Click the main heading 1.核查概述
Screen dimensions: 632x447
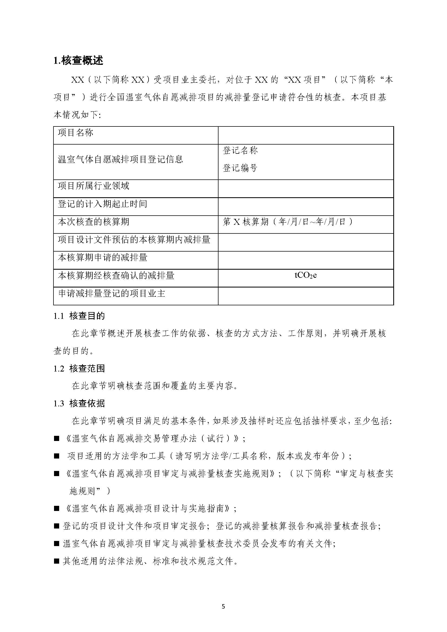tap(78, 60)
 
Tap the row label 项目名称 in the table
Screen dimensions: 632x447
tap(75, 133)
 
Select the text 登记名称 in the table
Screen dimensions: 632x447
tap(240, 150)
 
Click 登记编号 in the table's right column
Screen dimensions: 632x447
tap(240, 168)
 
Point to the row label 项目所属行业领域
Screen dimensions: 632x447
tap(93, 186)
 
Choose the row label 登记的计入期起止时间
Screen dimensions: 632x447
tap(102, 204)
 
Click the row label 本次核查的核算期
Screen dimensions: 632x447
tap(93, 222)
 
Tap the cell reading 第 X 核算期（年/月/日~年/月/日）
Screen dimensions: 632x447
tap(288, 222)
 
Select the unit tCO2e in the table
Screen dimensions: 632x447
tap(305, 275)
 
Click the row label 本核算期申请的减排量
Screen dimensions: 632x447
tap(102, 258)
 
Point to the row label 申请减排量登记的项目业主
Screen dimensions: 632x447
tap(112, 293)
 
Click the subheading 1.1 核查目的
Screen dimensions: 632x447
tap(79, 316)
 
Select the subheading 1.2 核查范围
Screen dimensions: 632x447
tap(79, 369)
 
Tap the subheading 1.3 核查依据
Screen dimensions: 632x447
tap(79, 404)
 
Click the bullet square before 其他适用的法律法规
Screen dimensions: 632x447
tap(57, 561)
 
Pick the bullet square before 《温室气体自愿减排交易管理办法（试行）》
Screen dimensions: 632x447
tap(57, 439)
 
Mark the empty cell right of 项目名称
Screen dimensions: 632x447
tap(305, 135)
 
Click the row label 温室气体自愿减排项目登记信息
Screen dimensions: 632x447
tap(120, 159)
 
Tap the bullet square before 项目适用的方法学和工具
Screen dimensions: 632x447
tap(57, 456)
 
